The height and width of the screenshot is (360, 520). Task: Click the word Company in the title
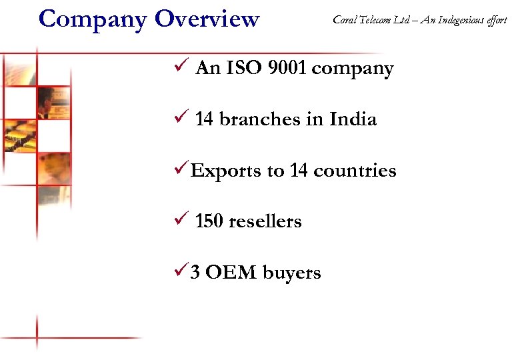point(93,19)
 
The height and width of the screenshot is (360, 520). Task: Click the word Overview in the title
point(207,19)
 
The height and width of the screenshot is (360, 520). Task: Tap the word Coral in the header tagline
point(344,20)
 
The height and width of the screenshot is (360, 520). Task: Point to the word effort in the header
point(497,20)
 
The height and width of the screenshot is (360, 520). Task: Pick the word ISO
point(243,68)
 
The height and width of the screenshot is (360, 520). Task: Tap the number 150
point(209,221)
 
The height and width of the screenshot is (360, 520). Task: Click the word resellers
point(265,221)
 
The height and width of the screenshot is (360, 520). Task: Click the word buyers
point(292,273)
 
